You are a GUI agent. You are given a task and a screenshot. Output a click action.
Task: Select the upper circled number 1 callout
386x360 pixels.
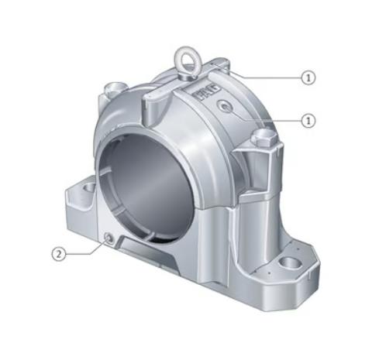tap(308, 77)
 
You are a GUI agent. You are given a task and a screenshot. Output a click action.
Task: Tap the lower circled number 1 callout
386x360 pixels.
tap(308, 120)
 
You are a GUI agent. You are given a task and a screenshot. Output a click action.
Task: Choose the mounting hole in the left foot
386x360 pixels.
tap(88, 187)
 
